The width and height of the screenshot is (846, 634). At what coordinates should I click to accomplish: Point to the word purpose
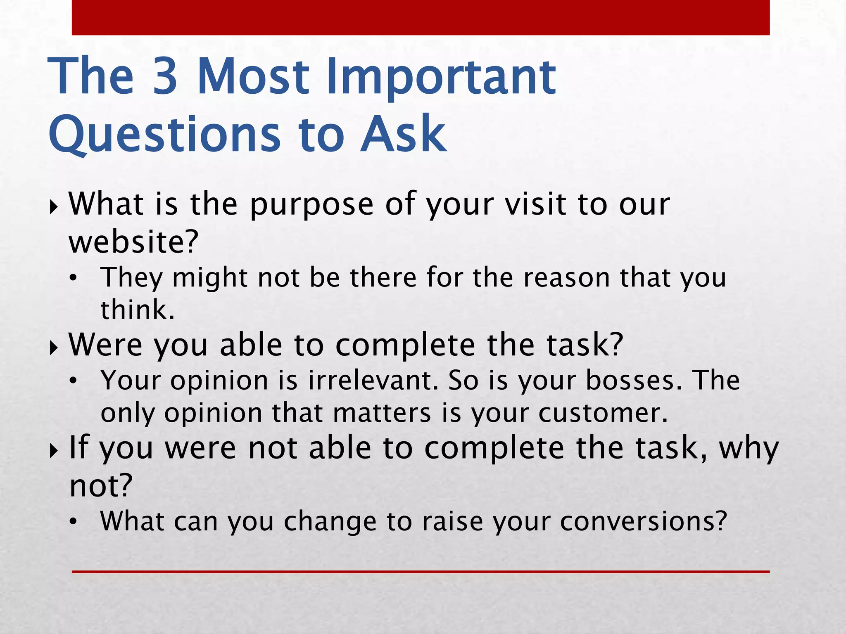pyautogui.click(x=312, y=205)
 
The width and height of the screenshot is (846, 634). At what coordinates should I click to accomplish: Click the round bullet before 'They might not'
pyautogui.click(x=73, y=279)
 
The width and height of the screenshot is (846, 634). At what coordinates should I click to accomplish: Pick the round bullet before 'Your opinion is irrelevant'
pyautogui.click(x=73, y=382)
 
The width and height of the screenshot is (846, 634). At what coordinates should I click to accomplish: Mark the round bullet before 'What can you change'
pyautogui.click(x=73, y=523)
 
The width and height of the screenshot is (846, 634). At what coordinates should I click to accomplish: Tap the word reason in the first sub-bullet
pyautogui.click(x=566, y=277)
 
